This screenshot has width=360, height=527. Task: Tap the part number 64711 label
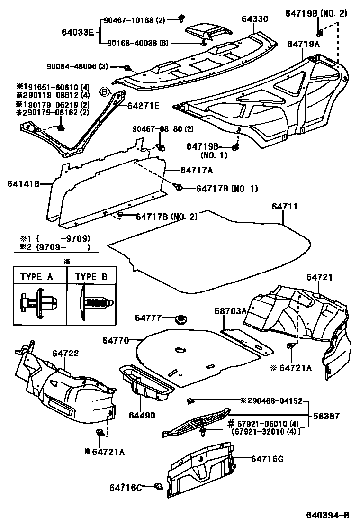click(x=285, y=207)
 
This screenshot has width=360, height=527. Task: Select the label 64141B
click(x=23, y=183)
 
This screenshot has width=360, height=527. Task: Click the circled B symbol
click(x=104, y=91)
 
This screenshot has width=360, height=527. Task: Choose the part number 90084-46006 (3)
click(x=77, y=67)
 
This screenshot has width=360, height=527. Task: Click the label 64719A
click(x=304, y=44)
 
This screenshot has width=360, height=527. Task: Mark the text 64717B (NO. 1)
click(x=227, y=189)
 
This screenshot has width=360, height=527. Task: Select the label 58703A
click(x=229, y=311)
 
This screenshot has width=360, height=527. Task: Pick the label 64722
click(x=65, y=354)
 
